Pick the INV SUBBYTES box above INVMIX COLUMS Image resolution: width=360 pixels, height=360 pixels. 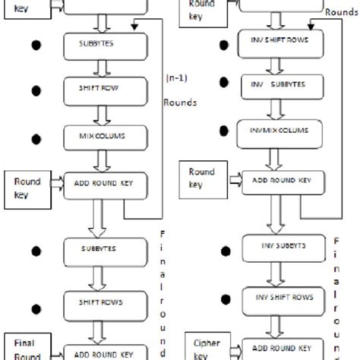pos(271,84)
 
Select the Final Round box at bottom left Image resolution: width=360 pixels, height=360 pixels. pos(24,346)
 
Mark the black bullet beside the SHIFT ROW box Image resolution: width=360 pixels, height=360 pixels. pos(33,90)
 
